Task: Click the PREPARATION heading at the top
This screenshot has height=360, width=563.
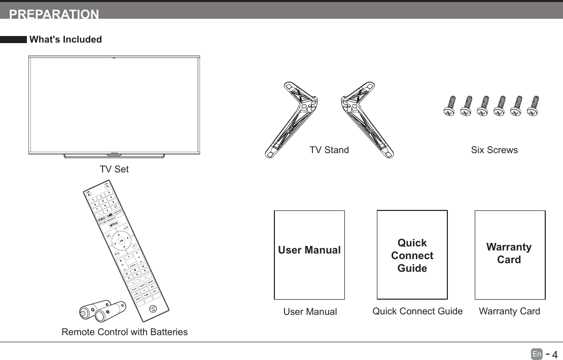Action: (x=54, y=14)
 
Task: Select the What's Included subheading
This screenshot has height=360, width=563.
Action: (x=65, y=40)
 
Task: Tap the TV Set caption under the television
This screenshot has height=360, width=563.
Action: (x=114, y=169)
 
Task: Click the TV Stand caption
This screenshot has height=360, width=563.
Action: (x=329, y=150)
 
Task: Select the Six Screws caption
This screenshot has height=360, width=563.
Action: (x=494, y=150)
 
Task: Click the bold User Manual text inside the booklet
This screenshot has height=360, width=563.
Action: (x=309, y=250)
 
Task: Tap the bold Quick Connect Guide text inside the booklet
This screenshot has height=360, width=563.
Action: (x=412, y=256)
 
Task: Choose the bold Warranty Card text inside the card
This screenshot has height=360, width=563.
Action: (x=509, y=253)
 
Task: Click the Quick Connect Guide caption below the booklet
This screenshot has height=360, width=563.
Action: (x=417, y=311)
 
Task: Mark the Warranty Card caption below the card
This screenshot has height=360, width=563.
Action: (x=509, y=311)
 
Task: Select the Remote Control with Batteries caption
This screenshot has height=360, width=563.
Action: (x=124, y=332)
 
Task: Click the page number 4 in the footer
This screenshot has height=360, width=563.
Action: (x=554, y=354)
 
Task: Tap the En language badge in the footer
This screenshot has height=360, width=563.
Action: (x=537, y=353)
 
